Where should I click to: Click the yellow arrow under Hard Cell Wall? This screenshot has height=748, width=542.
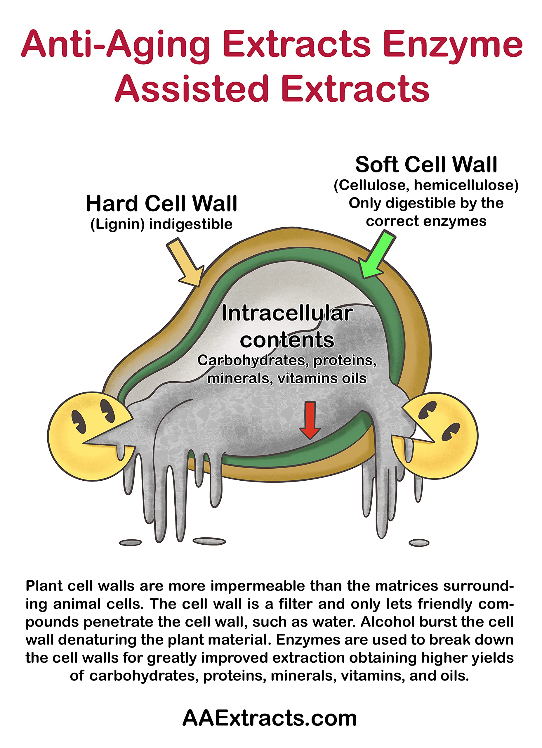tap(185, 262)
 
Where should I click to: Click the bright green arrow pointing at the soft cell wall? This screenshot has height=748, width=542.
tap(376, 254)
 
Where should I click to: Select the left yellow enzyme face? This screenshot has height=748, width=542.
tap(91, 436)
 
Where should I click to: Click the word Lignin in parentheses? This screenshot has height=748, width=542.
tap(118, 224)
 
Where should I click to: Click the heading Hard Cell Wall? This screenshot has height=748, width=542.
tap(161, 203)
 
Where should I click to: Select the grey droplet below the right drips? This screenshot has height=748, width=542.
tap(419, 543)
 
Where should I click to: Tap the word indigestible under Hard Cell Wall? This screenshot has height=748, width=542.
tap(191, 224)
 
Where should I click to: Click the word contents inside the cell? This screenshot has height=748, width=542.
tap(287, 340)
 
